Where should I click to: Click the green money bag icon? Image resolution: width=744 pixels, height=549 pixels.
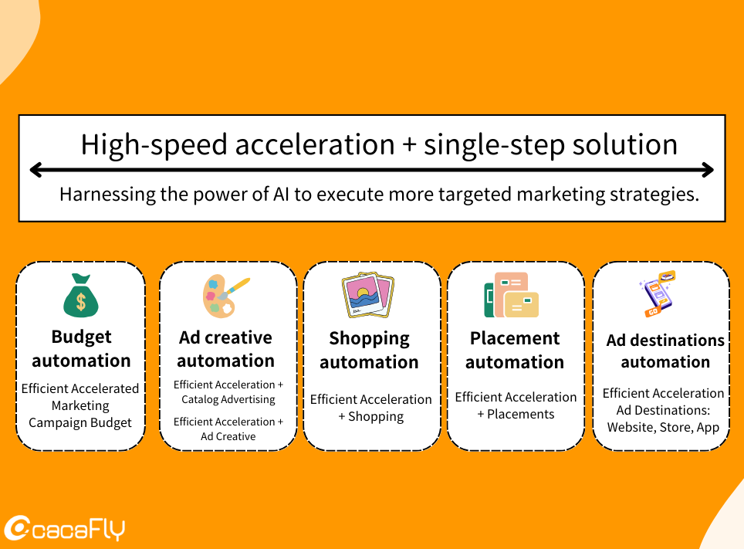(x=81, y=296)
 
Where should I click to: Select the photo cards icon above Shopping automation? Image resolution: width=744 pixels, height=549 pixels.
(x=368, y=294)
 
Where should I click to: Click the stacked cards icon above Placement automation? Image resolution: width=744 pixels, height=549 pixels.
(x=512, y=294)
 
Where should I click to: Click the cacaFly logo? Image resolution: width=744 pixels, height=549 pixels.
(x=65, y=528)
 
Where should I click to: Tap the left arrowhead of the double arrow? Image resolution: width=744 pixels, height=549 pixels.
(x=36, y=170)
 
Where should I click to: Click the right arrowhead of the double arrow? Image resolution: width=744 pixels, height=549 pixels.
(x=708, y=170)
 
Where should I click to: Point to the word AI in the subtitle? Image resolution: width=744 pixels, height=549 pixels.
(x=281, y=195)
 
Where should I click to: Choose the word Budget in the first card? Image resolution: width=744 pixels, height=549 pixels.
(x=82, y=337)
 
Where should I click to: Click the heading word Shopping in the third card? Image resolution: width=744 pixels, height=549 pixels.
(x=369, y=339)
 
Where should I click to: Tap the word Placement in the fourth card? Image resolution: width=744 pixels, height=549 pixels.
(x=515, y=338)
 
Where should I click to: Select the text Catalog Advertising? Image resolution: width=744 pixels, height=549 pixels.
(x=228, y=399)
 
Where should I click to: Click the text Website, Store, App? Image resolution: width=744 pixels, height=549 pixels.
(x=663, y=428)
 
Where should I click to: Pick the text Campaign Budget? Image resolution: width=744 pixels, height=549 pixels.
(x=80, y=422)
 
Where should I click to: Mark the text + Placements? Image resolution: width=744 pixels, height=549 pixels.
(x=516, y=414)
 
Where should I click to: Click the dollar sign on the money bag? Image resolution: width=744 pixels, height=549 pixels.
(x=81, y=302)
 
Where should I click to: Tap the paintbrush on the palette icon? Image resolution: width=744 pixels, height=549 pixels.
(x=235, y=288)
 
